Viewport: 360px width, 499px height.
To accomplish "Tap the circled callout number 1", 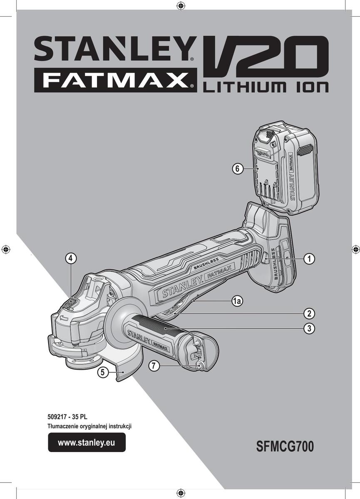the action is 309,259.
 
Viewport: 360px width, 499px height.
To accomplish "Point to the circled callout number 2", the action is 309,314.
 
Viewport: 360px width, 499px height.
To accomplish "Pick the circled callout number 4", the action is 71,258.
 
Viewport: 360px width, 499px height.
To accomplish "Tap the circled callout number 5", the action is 102,372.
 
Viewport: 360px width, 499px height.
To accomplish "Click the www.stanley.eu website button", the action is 87,442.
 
